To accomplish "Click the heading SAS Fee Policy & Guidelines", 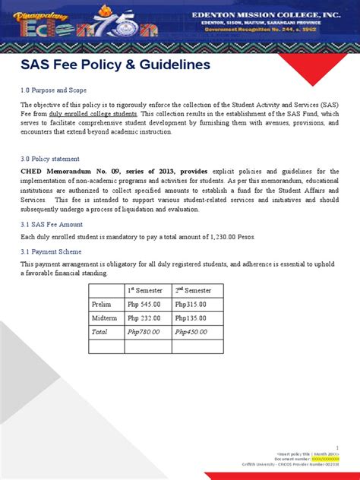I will click(115, 65).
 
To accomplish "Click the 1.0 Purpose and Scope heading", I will click(55, 89).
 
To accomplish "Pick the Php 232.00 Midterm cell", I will click(144, 318).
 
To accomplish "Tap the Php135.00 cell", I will click(191, 318).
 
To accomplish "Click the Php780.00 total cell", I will click(144, 332).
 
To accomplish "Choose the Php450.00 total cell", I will click(191, 332).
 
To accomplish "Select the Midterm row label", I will click(105, 318).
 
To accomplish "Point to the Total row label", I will click(100, 332).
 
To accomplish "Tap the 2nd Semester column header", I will click(195, 291).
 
